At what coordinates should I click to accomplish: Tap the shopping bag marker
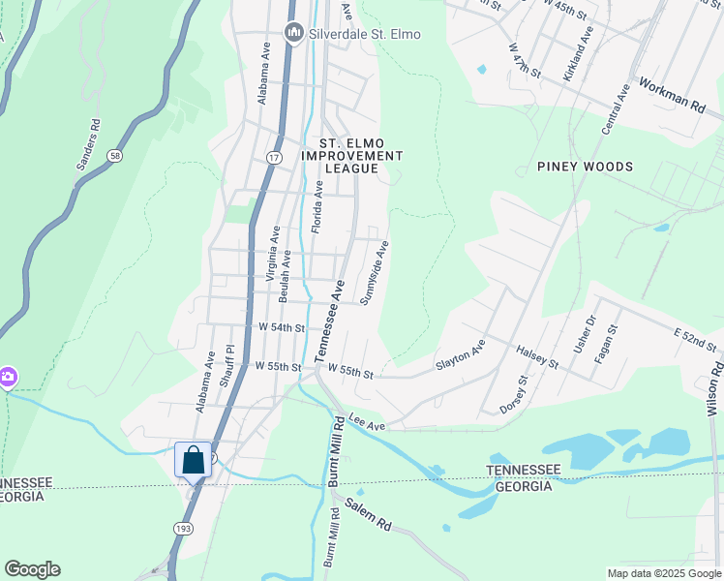coord(193,459)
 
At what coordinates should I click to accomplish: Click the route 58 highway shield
coord(115,155)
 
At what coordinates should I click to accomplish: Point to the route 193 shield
coord(182,528)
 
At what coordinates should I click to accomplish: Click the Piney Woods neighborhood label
coord(586,167)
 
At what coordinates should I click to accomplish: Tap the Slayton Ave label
coord(461,356)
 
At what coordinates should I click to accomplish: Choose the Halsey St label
coord(537,357)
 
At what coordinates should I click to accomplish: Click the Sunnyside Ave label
coord(375,273)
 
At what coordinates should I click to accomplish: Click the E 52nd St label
coord(696,339)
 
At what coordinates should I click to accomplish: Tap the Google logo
coord(32,569)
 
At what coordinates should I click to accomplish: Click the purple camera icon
coord(7,376)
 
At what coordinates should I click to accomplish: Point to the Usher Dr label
coord(585,333)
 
